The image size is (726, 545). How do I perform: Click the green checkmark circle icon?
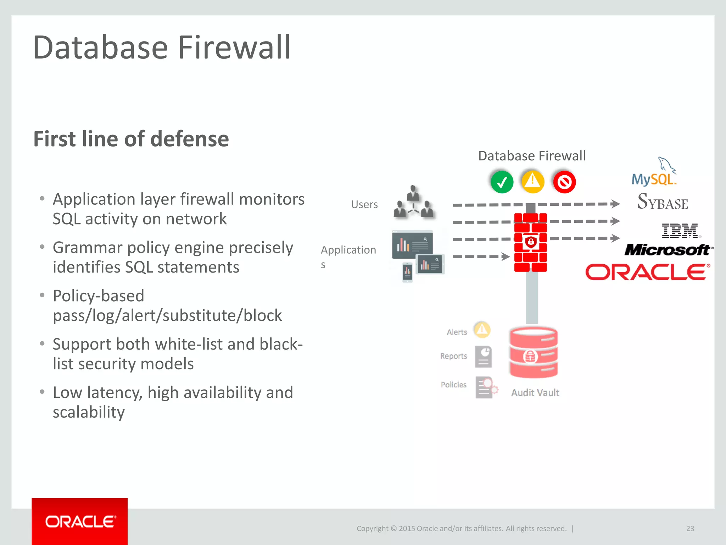coord(502,182)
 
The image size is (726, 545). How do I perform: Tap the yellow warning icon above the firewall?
coord(532,182)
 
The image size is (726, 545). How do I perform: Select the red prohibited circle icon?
coord(564,182)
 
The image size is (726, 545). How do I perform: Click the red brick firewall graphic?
coord(530,243)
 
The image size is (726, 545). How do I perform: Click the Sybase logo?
coord(663,202)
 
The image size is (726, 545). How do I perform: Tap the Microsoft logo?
coord(668,250)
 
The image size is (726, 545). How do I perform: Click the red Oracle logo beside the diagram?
coord(647,272)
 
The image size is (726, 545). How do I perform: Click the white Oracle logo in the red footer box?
coord(80,522)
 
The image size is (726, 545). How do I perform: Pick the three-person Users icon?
coord(413,202)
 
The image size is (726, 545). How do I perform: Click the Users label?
coord(364,205)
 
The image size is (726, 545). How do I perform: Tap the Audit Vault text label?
coord(535,393)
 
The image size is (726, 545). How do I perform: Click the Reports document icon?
coord(484,357)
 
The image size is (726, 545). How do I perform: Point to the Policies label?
coord(453,385)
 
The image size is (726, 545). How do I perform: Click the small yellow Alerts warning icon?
coord(482,330)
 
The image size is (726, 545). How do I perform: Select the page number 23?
coord(690,528)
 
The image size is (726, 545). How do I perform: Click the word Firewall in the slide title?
coord(234,48)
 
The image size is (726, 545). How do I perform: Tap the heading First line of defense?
coord(131,139)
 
